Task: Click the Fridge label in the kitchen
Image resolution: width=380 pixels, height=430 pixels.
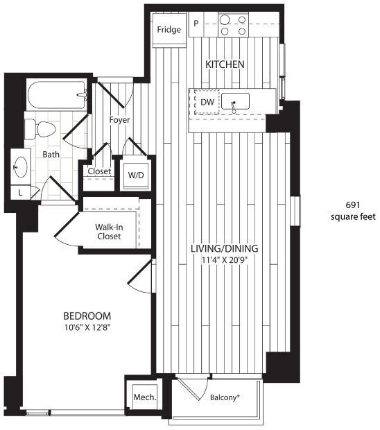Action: [169, 30]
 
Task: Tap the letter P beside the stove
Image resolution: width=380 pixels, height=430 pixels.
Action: [196, 24]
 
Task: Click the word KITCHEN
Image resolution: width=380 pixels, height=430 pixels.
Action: [225, 64]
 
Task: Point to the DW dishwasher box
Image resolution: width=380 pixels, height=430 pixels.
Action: [207, 103]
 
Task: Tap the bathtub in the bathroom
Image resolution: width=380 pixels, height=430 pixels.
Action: [56, 94]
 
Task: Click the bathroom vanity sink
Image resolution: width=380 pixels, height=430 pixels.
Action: [20, 166]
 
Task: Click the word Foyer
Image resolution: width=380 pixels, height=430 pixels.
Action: [119, 120]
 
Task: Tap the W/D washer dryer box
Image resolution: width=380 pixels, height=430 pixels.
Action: [136, 175]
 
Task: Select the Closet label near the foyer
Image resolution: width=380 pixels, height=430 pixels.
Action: [99, 171]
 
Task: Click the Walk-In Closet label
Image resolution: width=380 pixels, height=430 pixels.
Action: [108, 231]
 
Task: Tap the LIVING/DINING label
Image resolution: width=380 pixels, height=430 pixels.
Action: [225, 248]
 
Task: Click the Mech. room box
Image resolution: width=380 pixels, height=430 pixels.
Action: [144, 398]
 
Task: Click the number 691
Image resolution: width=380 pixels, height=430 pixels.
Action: [352, 205]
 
